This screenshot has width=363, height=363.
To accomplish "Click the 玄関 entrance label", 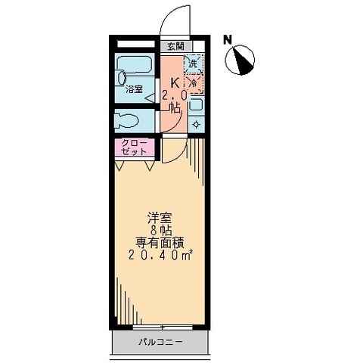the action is (x=176, y=46).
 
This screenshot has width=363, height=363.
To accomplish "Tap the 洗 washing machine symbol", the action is (x=194, y=64).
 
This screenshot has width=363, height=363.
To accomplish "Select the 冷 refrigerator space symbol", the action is (x=194, y=83).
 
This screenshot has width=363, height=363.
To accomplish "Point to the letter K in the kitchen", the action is (x=175, y=83).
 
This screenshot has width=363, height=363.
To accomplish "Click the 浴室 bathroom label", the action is (x=134, y=89).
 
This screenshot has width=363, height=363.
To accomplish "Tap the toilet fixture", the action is (x=126, y=121).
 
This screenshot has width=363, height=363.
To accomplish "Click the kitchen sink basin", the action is (x=196, y=104).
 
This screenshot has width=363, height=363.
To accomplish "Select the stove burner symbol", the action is (x=196, y=124).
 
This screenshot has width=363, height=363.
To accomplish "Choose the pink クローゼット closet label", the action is (x=134, y=147).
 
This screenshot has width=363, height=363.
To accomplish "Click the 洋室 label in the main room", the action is (x=160, y=218).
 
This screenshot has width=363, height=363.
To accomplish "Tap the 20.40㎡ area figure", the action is (x=161, y=256).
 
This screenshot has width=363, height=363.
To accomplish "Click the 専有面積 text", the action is (x=160, y=243).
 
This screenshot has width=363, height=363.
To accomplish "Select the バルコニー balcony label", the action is (x=161, y=342).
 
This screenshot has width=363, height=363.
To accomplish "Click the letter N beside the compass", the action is (x=228, y=40).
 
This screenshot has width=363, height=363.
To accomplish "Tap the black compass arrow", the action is (x=241, y=61).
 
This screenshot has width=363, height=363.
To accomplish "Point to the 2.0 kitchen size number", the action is (x=174, y=95).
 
